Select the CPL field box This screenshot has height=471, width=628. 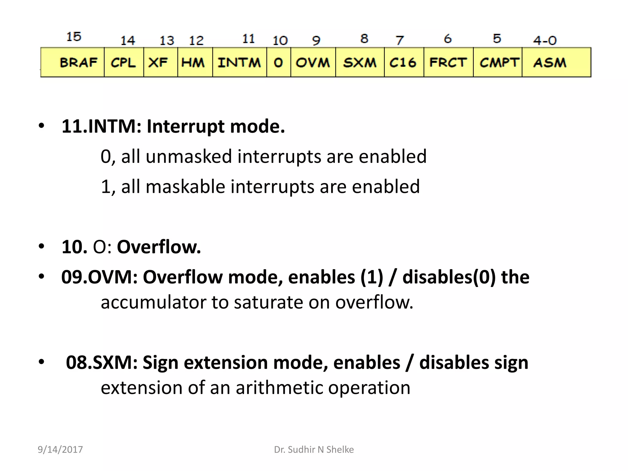(x=124, y=62)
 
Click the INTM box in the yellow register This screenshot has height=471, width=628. (x=239, y=62)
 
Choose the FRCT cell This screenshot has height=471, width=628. (x=448, y=62)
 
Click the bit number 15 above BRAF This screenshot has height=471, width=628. (x=74, y=37)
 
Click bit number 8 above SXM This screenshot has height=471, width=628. (x=364, y=39)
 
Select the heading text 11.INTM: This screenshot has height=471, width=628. (x=101, y=126)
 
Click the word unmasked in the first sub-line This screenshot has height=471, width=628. (x=189, y=156)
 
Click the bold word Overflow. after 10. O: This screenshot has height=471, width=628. (x=159, y=247)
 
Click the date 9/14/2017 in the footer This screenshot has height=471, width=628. (x=60, y=450)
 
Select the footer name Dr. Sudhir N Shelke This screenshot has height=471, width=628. (x=314, y=450)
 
